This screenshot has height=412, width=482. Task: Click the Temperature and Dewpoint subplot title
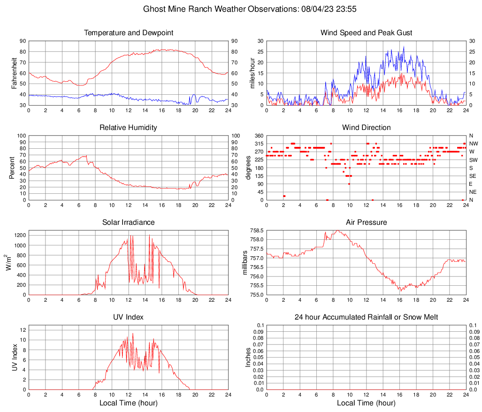pos(129,33)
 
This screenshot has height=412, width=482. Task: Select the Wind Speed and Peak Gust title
pos(366,33)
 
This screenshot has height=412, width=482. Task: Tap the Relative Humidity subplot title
pos(129,128)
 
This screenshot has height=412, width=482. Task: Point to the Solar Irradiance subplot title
pos(129,222)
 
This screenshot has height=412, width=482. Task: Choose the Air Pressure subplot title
pos(366,222)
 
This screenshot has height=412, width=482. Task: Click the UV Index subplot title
pos(129,317)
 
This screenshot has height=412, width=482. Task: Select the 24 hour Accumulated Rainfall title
pos(366,317)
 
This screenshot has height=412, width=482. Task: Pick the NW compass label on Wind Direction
pos(474,144)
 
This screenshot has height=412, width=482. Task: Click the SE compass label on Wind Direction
pos(473,176)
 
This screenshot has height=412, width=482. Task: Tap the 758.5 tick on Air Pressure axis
pos(256,231)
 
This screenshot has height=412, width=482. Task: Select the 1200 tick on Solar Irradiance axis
pos(20,233)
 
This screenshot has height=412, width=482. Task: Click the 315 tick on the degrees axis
pos(259,144)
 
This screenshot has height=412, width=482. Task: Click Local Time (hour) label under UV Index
pos(129,403)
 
